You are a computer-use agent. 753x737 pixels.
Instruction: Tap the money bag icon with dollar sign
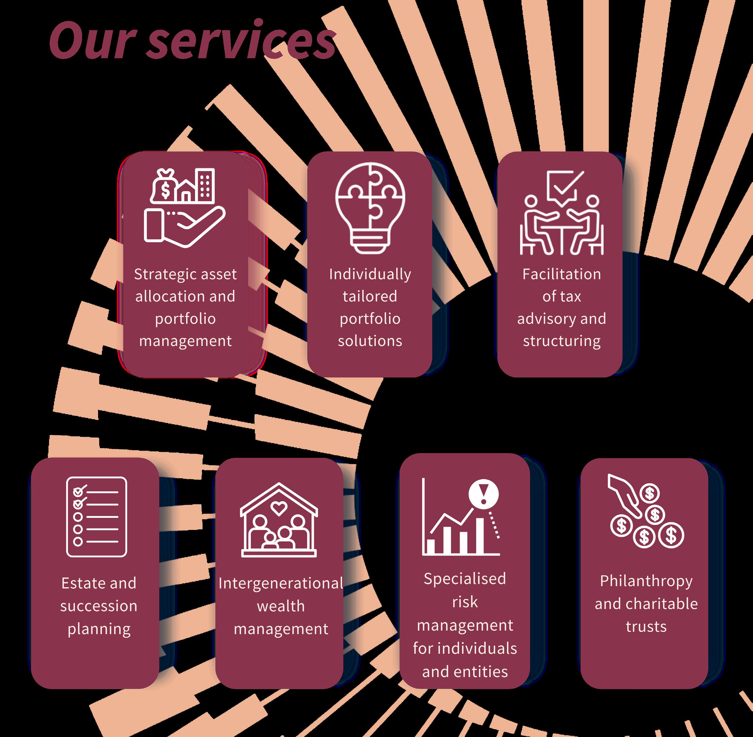(164, 187)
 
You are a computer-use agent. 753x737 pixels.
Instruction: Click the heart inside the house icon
(278, 508)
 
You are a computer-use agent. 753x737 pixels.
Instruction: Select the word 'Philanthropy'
(646, 581)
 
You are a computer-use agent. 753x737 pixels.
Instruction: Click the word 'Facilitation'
(561, 274)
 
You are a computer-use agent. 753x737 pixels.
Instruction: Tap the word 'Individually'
(370, 274)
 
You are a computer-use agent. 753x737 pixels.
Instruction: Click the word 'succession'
(99, 606)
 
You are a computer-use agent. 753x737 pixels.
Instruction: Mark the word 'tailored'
(370, 297)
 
